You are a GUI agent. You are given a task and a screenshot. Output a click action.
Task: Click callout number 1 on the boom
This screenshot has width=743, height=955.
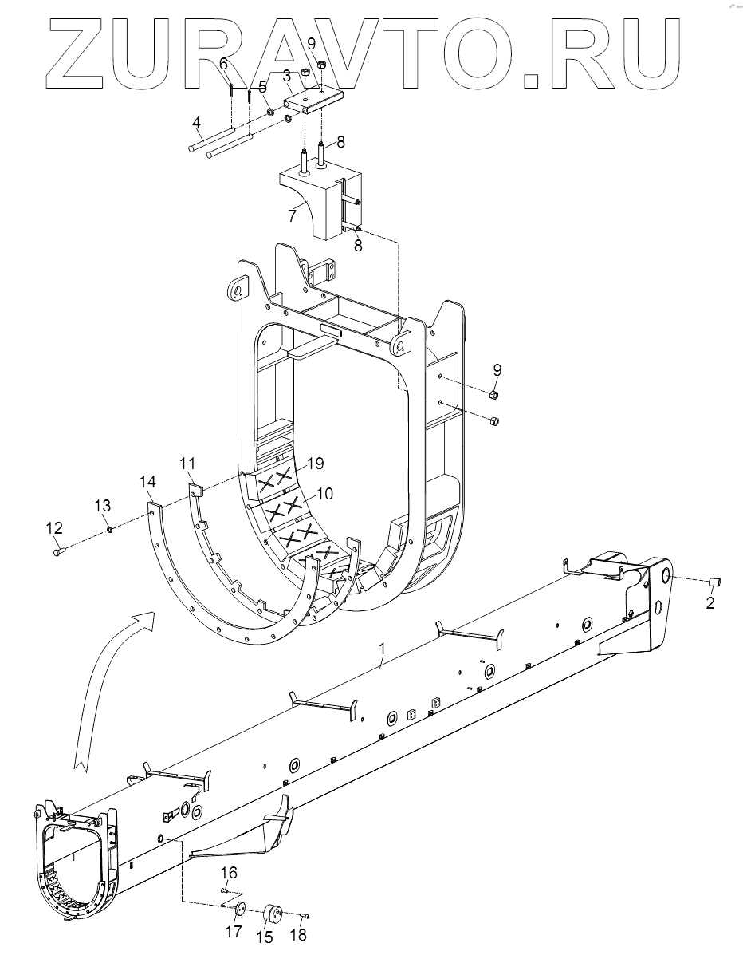pyautogui.click(x=382, y=649)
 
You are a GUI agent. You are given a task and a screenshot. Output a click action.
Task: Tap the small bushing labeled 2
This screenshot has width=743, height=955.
pyautogui.click(x=715, y=583)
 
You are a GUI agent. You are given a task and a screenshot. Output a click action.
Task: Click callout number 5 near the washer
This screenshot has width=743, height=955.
pyautogui.click(x=263, y=86)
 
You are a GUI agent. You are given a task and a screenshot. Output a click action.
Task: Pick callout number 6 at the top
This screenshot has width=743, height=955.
pyautogui.click(x=223, y=63)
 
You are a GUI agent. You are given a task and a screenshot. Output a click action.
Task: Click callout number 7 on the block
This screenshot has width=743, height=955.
pyautogui.click(x=292, y=215)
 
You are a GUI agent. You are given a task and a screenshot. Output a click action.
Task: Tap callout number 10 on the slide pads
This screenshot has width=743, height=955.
pyautogui.click(x=325, y=493)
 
